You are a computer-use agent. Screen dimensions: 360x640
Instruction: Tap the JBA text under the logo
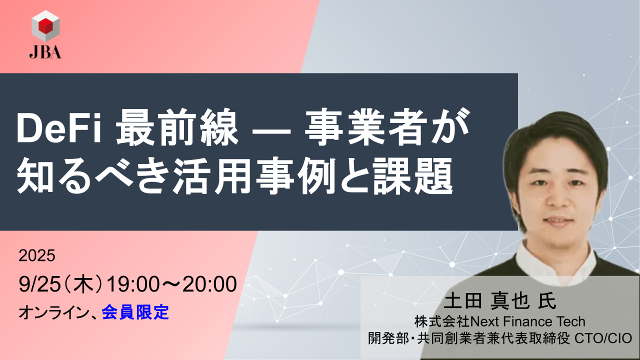click(45, 52)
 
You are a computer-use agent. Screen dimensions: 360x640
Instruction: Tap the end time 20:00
click(209, 285)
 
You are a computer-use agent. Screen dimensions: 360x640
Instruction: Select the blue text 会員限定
click(135, 313)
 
